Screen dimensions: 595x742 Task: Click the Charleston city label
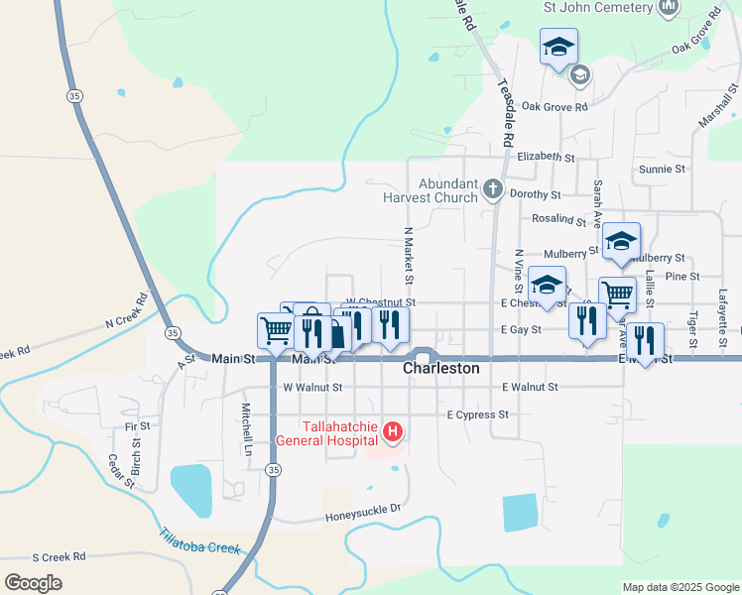click(441, 368)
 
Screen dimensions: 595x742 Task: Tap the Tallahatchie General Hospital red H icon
click(394, 431)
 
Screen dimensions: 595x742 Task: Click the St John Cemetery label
click(598, 7)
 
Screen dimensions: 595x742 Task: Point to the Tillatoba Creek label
click(199, 541)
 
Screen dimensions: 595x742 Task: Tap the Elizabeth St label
click(547, 157)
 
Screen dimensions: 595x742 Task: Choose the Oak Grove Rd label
click(555, 106)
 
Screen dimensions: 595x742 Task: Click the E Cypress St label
click(478, 415)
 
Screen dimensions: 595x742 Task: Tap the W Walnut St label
click(312, 388)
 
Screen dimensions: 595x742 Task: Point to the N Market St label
click(407, 254)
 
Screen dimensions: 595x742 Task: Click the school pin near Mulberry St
click(621, 242)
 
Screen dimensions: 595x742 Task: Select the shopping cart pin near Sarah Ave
click(617, 295)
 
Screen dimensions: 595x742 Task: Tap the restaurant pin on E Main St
click(646, 341)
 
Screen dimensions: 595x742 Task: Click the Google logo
click(33, 583)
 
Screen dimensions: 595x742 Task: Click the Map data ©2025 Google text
click(680, 587)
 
